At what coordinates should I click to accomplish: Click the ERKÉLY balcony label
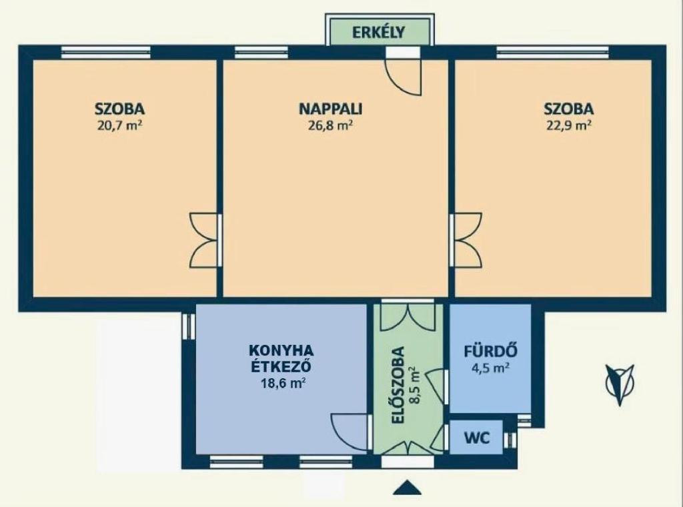coord(378,32)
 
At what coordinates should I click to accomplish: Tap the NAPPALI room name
coord(331,109)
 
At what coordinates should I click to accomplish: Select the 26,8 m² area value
coord(330,125)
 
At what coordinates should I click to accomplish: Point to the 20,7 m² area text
coord(120,125)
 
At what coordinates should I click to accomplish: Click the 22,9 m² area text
coord(568,125)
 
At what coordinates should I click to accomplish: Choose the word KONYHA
coord(281,350)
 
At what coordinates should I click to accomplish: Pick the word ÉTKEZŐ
coord(281,366)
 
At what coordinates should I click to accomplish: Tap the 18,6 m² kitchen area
coord(282,384)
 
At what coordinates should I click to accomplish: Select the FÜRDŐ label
coord(490,351)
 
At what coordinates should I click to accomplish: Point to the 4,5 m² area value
coord(490,368)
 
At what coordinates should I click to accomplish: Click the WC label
coord(476,438)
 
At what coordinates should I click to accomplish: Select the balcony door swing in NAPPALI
coord(404,77)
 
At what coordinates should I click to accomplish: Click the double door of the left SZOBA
coord(203,240)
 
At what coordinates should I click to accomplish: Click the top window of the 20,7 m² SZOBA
coord(106,52)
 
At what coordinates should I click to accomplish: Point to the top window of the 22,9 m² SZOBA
coord(553,52)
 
